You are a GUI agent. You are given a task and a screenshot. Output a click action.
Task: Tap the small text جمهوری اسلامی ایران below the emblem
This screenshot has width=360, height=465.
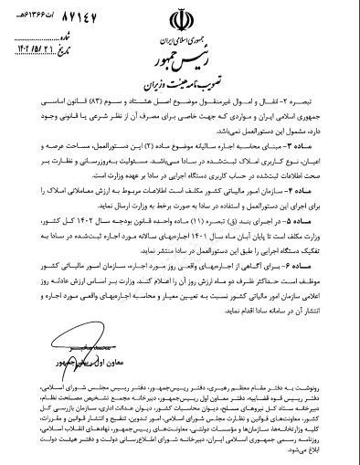180,38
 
